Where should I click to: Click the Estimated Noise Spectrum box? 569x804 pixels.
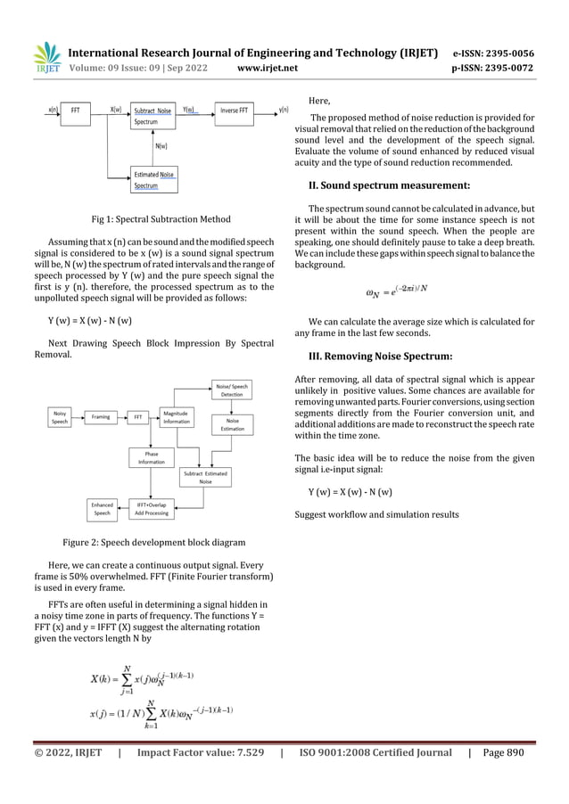pyautogui.click(x=153, y=180)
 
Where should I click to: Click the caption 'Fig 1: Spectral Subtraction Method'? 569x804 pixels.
pyautogui.click(x=161, y=219)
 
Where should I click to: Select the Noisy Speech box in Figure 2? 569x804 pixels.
pyautogui.click(x=60, y=417)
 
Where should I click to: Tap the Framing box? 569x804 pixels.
pyautogui.click(x=101, y=416)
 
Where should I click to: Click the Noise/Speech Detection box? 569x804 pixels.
pyautogui.click(x=232, y=389)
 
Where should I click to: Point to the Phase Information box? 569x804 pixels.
pyautogui.click(x=151, y=457)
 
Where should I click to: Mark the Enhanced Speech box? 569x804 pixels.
pyautogui.click(x=103, y=509)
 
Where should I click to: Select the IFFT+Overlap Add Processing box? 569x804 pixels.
pyautogui.click(x=151, y=509)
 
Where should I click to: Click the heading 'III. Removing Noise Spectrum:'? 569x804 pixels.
pyautogui.click(x=379, y=357)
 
